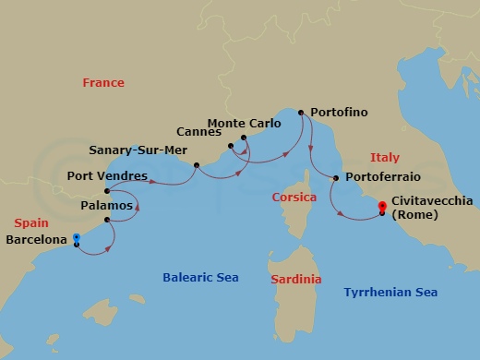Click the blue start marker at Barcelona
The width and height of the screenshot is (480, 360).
coord(76,238)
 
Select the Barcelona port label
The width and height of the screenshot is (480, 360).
coord(37,240)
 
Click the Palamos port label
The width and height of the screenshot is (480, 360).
coord(107,206)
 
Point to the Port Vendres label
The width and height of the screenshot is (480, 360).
coord(103,175)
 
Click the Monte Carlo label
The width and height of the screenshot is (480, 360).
coord(245,122)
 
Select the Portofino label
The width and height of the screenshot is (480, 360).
coord(339,113)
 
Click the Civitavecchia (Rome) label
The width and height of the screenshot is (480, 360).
coord(432,207)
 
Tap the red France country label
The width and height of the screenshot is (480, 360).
coord(103,83)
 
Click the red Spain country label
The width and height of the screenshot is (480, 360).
coord(31,222)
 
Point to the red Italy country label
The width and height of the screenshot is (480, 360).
coord(384,158)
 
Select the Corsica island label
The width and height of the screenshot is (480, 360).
coord(294,198)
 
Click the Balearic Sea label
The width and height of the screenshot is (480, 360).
coord(201,276)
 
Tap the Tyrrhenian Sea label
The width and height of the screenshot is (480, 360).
coord(390,292)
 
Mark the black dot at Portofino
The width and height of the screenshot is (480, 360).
coord(301,113)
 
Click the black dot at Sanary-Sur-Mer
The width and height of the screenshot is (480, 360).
coord(197,165)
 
